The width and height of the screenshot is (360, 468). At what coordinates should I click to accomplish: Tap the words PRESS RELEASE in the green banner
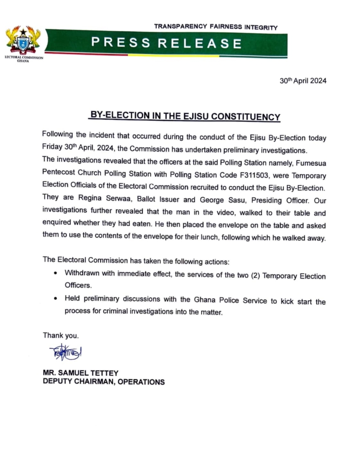pyautogui.click(x=167, y=43)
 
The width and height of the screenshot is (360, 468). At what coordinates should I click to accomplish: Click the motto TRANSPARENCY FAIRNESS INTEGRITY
pyautogui.click(x=215, y=27)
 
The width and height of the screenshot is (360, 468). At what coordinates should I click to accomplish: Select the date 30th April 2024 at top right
pyautogui.click(x=303, y=81)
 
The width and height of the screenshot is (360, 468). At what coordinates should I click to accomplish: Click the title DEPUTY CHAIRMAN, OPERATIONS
pyautogui.click(x=103, y=382)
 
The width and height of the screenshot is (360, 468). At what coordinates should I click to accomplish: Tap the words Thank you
pyautogui.click(x=60, y=335)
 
